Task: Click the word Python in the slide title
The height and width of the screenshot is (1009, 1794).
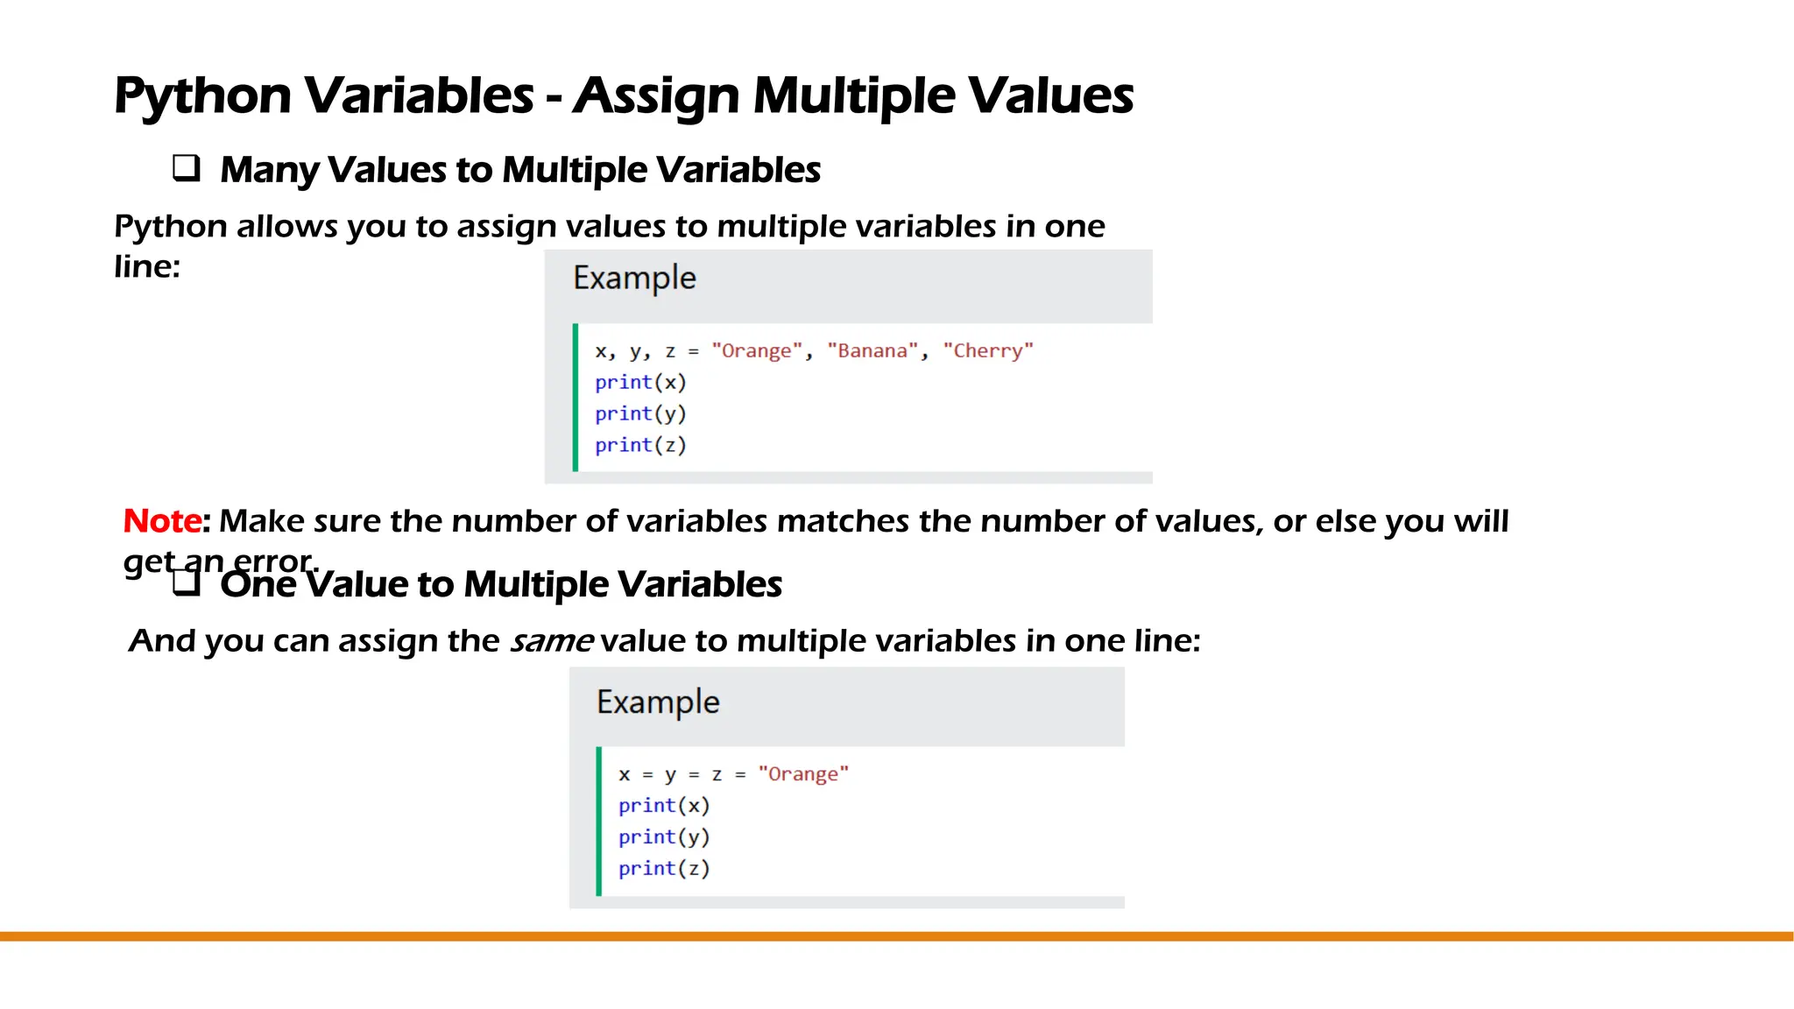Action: [x=202, y=95]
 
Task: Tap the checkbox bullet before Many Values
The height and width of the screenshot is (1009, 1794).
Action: [x=186, y=167]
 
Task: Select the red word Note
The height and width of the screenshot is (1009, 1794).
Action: [x=162, y=521]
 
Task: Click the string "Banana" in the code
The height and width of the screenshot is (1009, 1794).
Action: [x=872, y=351]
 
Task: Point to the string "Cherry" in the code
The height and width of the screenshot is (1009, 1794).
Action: [x=988, y=351]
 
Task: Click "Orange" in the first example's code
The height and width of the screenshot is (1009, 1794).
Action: [x=757, y=351]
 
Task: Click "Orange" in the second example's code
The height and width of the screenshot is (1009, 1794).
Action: [x=803, y=774]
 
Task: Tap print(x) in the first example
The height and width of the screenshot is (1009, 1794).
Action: [x=640, y=383]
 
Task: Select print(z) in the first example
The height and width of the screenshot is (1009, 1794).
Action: [x=640, y=446]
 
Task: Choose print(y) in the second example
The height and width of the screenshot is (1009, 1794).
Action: [x=664, y=837]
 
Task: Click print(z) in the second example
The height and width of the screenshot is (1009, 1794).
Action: [x=664, y=869]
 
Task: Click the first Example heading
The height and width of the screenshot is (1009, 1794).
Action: [x=634, y=279]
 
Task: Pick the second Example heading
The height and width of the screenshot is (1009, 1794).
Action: [x=658, y=702]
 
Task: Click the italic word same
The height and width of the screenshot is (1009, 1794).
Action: [x=552, y=641]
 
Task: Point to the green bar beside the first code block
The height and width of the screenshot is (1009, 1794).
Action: [x=576, y=398]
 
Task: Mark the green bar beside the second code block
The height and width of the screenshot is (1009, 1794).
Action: [x=599, y=822]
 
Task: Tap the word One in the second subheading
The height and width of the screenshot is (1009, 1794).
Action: [x=258, y=584]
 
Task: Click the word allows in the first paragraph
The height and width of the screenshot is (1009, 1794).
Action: [x=286, y=227]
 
